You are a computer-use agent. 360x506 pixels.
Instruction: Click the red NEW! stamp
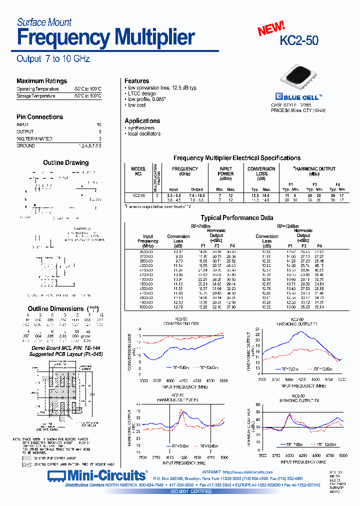pos(271,28)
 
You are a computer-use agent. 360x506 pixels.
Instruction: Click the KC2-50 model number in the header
pos(299,40)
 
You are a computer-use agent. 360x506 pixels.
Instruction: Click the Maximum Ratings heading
pos(41,81)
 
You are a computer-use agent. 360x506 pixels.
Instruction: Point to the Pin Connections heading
pos(40,117)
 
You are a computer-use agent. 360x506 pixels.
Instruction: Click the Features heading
pos(136,81)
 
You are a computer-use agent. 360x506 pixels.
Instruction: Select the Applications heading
pos(142,121)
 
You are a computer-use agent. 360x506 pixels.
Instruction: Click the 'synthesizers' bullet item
pos(141,128)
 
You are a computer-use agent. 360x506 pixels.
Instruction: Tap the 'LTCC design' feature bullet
pos(142,93)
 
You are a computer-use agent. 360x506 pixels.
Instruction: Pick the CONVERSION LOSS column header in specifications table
pos(261,171)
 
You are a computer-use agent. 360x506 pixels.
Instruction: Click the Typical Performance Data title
pos(236,218)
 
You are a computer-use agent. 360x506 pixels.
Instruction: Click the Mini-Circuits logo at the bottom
pos(97,474)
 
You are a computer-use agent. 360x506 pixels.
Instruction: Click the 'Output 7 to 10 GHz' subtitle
pos(53,59)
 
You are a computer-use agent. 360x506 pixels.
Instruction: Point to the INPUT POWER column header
pos(226,171)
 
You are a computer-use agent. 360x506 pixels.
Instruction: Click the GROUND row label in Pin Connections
pos(25,146)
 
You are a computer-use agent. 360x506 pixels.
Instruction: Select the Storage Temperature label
pos(35,95)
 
